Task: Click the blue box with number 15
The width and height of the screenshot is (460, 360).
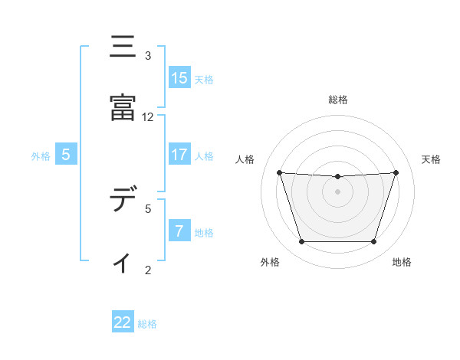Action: (x=179, y=78)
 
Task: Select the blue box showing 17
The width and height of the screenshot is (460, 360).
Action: (x=179, y=155)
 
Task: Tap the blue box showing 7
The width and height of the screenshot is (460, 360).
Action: (x=179, y=231)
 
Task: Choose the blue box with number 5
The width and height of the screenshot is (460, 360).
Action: (x=66, y=155)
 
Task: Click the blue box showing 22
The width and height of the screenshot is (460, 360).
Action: (x=123, y=322)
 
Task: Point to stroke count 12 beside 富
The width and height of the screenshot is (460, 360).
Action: (x=148, y=117)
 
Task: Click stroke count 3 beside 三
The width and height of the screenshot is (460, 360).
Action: (x=148, y=56)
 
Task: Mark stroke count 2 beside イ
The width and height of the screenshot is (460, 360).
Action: (x=148, y=270)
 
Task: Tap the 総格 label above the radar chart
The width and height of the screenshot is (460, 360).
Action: (x=338, y=100)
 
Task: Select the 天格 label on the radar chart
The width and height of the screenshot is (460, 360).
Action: (x=431, y=159)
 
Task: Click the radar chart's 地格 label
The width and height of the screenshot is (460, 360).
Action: (x=402, y=262)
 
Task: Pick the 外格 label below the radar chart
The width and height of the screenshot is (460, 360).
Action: (x=270, y=262)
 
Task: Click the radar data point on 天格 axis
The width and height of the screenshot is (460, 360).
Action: (x=396, y=172)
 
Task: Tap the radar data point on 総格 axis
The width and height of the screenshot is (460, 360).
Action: (x=338, y=177)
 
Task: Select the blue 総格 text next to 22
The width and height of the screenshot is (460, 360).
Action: (x=147, y=324)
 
